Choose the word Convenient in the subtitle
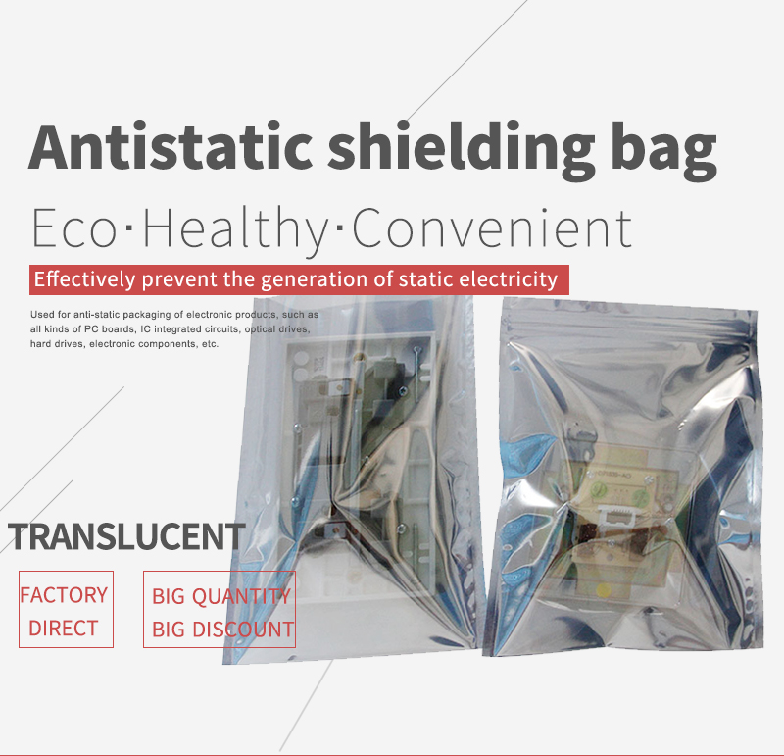tap(491, 227)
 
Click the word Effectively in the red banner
tap(85, 279)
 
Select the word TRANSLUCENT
tap(127, 536)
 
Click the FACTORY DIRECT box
tap(66, 609)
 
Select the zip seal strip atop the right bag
tap(627, 312)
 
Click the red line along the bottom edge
tap(392, 754)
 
